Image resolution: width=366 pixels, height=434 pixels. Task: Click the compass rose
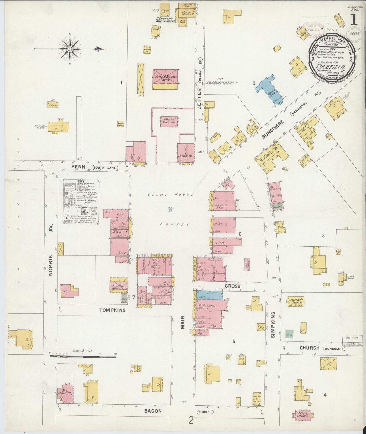[69, 49]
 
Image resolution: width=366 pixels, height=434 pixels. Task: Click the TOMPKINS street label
[112, 310]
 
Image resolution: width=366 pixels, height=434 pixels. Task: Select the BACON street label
[153, 410]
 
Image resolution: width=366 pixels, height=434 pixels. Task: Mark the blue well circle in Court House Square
[170, 210]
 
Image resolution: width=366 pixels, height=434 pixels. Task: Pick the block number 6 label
[240, 234]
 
